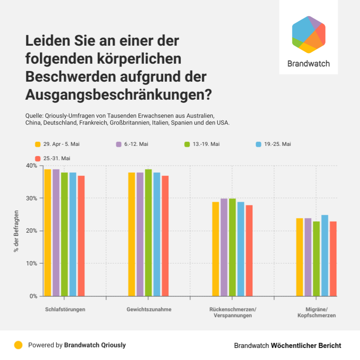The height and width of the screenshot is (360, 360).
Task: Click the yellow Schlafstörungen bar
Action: coord(48,233)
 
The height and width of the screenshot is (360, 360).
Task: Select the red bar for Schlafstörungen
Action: coord(81,236)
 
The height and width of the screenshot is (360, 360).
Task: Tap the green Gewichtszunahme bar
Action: coord(148,233)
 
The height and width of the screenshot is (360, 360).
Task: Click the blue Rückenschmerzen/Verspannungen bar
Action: coord(240,249)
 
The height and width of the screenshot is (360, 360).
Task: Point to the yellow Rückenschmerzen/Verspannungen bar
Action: coord(216,249)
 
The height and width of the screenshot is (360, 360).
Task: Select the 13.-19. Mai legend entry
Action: coord(206,144)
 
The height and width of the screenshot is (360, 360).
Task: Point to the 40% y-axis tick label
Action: coord(32,165)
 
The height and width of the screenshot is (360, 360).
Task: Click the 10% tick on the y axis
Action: coord(32,263)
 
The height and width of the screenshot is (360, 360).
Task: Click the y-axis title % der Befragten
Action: coord(17,230)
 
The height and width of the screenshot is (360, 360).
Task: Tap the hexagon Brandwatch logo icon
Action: coord(309,35)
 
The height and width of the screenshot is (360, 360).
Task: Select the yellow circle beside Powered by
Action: coord(18,345)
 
